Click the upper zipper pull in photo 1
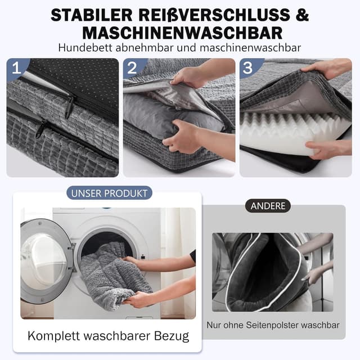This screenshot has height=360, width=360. click(70, 105)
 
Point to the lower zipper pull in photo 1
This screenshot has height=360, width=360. click(40, 130)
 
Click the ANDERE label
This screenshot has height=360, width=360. click(268, 206)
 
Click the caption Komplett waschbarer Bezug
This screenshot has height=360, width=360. click(109, 336)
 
